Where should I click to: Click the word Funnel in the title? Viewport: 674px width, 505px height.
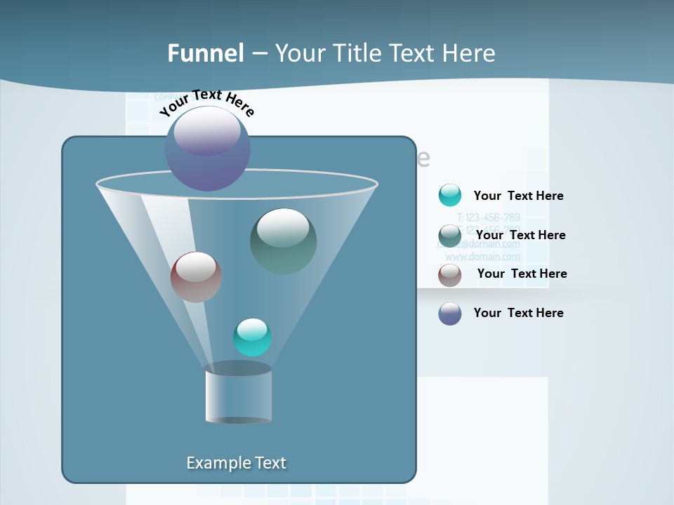tap(206, 53)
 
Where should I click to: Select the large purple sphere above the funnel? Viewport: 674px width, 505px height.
tap(208, 149)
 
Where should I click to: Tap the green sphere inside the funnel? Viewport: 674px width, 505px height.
tap(283, 241)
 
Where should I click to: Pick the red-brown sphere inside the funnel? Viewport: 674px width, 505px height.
tap(196, 277)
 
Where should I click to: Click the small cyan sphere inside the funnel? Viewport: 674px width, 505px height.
tap(252, 337)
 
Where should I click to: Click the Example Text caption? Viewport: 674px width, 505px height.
tap(236, 463)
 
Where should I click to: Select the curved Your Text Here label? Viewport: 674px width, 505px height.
tap(207, 102)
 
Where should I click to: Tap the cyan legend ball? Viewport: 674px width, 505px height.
tap(450, 195)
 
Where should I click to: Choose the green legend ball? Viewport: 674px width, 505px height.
tap(450, 236)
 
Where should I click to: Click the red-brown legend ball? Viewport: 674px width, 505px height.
tap(450, 275)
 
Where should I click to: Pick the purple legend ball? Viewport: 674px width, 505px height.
tap(450, 314)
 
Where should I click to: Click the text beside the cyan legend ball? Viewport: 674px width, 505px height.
tap(518, 196)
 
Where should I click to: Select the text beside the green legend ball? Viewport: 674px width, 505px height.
tap(520, 235)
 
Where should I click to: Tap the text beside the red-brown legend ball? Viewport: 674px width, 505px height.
tap(522, 274)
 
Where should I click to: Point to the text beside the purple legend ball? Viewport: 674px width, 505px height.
tap(518, 313)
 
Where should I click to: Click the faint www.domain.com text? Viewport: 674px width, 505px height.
tap(483, 257)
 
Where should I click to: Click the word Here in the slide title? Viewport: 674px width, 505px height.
tap(469, 53)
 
